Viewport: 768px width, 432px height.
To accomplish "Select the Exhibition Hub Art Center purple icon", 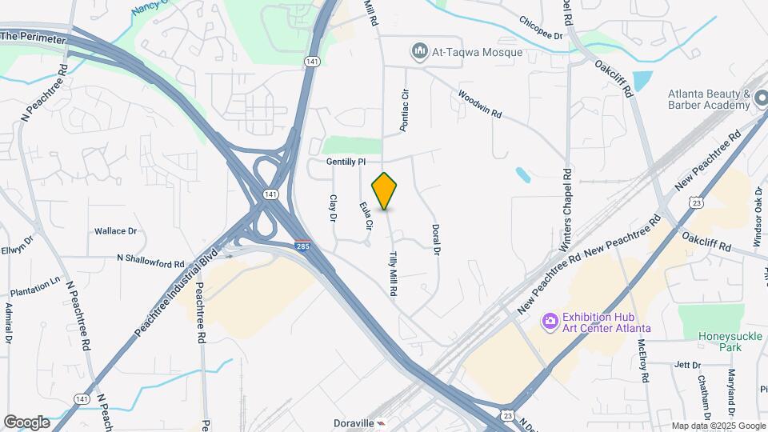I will [550, 322].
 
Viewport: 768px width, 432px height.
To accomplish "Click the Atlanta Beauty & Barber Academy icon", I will [761, 101].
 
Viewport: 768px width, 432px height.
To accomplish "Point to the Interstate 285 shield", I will [302, 246].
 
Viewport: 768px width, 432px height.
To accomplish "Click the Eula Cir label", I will [366, 215].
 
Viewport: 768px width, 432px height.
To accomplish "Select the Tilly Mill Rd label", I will [393, 274].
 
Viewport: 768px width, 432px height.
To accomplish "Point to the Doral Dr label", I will [437, 239].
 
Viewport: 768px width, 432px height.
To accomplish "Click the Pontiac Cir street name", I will [405, 110].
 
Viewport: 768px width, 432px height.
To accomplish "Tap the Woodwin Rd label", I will [479, 104].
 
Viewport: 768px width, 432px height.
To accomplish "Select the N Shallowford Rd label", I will [150, 260].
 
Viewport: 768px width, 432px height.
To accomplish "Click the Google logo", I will [26, 422].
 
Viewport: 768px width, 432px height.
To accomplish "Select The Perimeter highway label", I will [32, 36].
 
